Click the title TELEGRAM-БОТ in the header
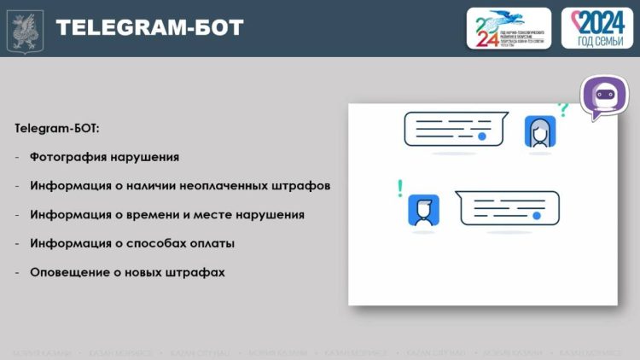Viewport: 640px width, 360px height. click(149, 28)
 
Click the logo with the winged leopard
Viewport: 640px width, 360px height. click(509, 28)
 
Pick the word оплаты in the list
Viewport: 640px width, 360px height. click(212, 244)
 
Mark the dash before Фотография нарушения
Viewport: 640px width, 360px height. click(17, 157)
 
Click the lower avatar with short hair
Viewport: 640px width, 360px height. click(423, 210)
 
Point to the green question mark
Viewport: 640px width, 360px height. click(562, 109)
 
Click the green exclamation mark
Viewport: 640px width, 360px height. click(399, 189)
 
